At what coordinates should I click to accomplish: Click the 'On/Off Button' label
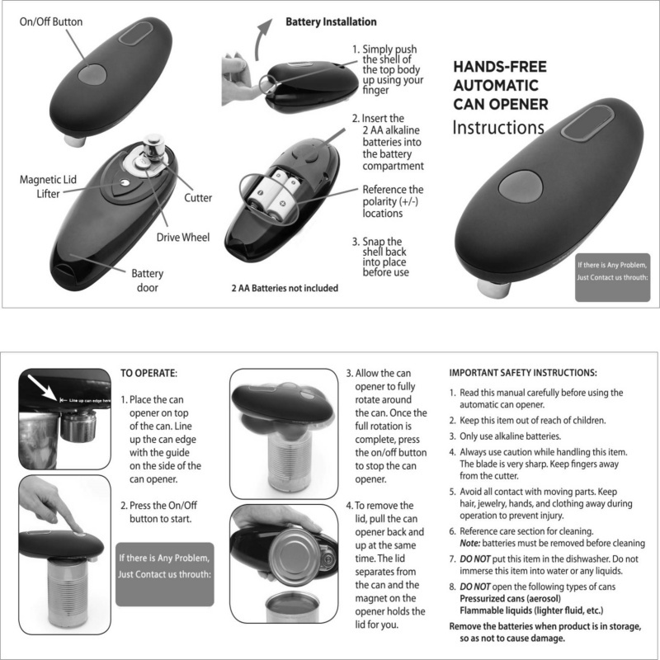[51, 22]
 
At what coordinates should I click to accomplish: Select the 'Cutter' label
[198, 198]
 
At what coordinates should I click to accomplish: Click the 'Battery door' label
[148, 280]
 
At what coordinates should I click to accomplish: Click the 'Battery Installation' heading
[331, 21]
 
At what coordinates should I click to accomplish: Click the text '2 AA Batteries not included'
[285, 289]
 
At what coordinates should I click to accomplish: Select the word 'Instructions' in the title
[498, 128]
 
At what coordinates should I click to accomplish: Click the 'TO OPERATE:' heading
[149, 372]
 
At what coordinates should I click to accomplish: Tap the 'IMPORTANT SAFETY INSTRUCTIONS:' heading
[522, 372]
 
